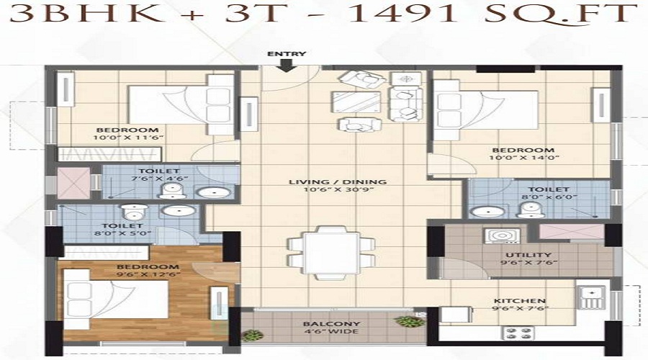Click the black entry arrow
(286, 66)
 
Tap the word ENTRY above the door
(287, 54)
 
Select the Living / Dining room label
(338, 182)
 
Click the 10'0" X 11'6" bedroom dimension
(129, 138)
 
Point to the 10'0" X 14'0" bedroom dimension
(523, 158)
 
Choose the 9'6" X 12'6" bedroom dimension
(148, 274)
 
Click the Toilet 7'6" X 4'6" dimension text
(159, 179)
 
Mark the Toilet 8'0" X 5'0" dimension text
(122, 233)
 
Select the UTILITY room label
(528, 255)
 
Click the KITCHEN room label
(519, 301)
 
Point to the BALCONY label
(331, 323)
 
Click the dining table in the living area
(331, 253)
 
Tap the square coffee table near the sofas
(356, 102)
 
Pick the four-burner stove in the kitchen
(518, 333)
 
